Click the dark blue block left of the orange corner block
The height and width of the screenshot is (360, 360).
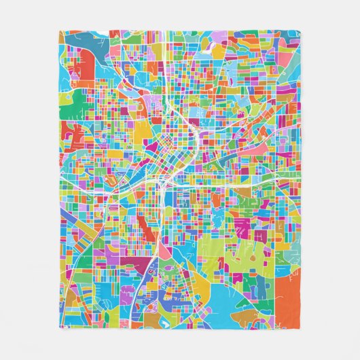pos(262,289)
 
